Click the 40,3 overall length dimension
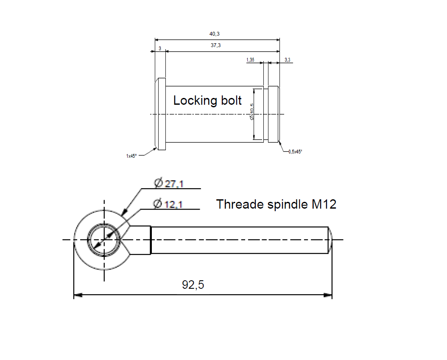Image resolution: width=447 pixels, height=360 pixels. [x=215, y=34]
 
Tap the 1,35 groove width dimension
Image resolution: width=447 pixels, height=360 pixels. [x=250, y=60]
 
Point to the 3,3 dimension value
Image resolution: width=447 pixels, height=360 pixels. [x=288, y=60]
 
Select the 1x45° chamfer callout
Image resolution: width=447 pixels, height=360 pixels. [x=131, y=156]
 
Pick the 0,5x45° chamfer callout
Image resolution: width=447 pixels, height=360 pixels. [x=295, y=151]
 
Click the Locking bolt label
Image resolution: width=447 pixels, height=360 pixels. [x=207, y=100]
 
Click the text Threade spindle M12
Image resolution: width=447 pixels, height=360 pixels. [x=276, y=204]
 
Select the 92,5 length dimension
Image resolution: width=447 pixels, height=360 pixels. [x=193, y=285]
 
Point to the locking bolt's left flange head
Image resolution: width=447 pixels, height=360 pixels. [x=160, y=114]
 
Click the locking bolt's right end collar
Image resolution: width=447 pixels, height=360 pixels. [x=274, y=114]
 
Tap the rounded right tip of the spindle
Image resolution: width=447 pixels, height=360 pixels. [x=330, y=240]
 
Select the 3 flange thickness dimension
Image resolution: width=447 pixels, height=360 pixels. [x=160, y=49]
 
